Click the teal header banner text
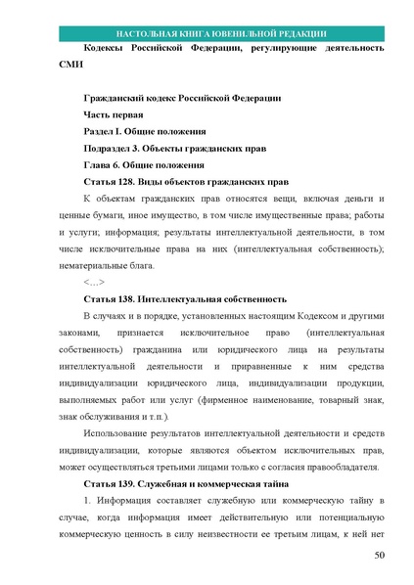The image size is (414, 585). click(207, 31)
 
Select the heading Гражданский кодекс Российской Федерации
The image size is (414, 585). click(182, 98)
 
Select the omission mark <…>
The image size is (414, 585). click(94, 282)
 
